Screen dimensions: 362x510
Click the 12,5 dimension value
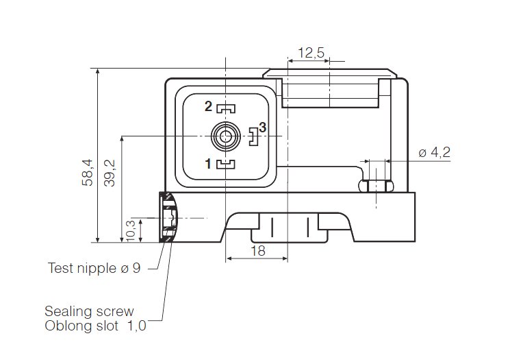pyautogui.click(x=311, y=52)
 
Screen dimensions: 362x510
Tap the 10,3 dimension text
pyautogui.click(x=131, y=230)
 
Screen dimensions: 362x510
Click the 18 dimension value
pyautogui.click(x=257, y=251)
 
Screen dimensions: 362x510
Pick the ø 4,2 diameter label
pyautogui.click(x=434, y=152)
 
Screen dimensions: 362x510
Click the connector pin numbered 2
pyautogui.click(x=209, y=106)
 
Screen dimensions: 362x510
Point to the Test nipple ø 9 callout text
pyautogui.click(x=94, y=268)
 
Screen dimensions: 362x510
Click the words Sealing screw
pyautogui.click(x=89, y=311)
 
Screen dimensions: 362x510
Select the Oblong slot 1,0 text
pyautogui.click(x=95, y=326)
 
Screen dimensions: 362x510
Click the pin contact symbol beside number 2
pyautogui.click(x=226, y=108)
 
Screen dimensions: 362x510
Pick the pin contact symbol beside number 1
pyautogui.click(x=226, y=163)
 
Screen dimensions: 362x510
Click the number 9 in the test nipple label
pyautogui.click(x=136, y=268)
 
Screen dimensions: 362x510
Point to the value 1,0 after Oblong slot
pyautogui.click(x=136, y=326)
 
